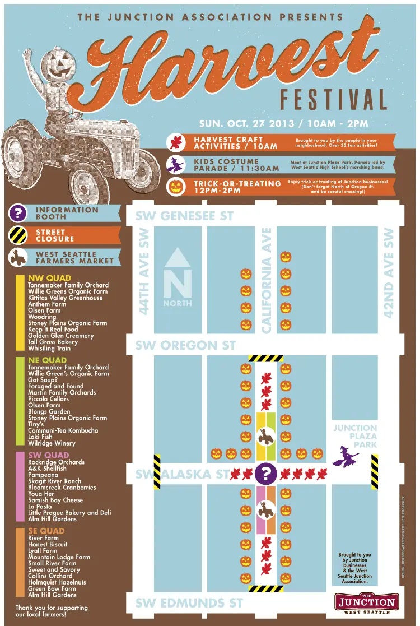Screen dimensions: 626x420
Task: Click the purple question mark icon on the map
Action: click(x=265, y=474)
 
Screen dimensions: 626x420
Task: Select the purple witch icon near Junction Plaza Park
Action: click(x=346, y=456)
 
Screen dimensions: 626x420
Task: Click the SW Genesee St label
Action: click(x=184, y=216)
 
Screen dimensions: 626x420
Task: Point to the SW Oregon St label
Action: click(x=185, y=345)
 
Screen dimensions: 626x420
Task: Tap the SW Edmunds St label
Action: click(x=189, y=603)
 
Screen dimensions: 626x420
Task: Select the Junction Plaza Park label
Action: click(x=356, y=436)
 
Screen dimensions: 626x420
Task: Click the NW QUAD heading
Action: click(x=50, y=278)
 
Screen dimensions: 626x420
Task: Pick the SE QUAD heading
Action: click(x=46, y=531)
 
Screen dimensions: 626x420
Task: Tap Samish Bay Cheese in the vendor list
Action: click(x=55, y=500)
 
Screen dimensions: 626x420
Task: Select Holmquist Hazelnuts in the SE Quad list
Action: click(x=57, y=582)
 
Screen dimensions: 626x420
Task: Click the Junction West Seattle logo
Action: click(x=367, y=603)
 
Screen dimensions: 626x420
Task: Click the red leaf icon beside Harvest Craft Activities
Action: click(x=177, y=143)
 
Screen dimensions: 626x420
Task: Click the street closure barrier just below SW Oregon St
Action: click(x=265, y=358)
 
